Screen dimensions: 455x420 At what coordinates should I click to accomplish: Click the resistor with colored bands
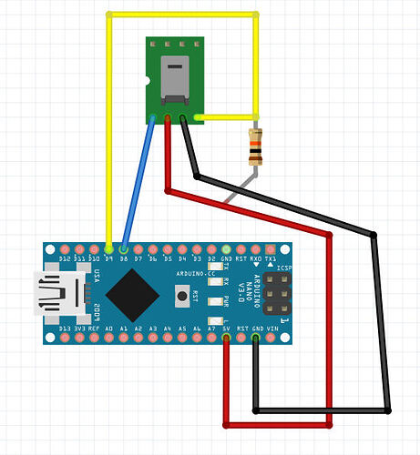coord(256,146)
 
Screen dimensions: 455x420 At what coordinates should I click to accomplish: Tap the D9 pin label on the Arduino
coord(108,258)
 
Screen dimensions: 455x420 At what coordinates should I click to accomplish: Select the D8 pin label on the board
coord(123,258)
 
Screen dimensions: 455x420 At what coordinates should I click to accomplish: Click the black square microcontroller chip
coord(130,293)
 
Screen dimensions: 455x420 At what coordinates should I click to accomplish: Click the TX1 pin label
coord(270,258)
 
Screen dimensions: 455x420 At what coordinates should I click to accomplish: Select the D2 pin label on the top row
coord(210,258)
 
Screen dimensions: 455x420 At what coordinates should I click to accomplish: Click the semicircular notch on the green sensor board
coord(149,81)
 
